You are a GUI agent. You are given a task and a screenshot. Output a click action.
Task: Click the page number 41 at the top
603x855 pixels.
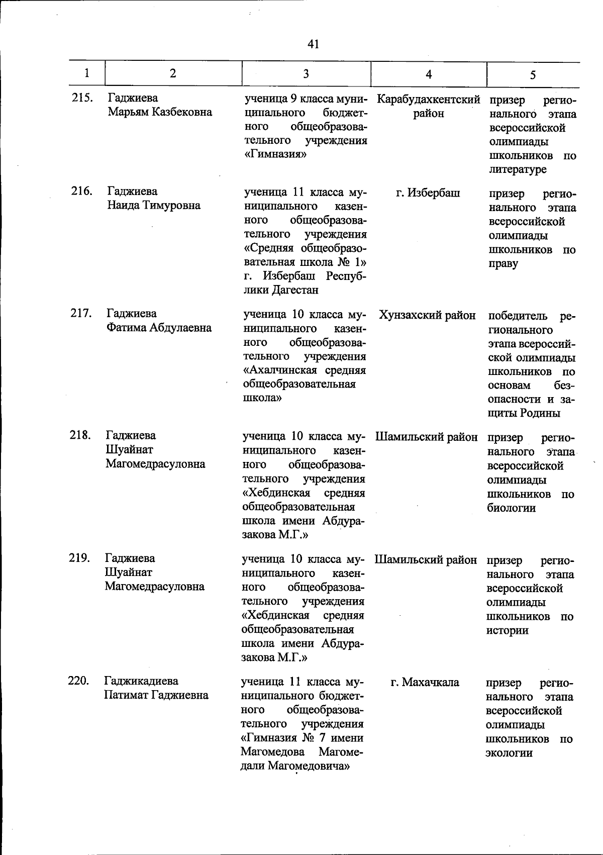[x=313, y=44]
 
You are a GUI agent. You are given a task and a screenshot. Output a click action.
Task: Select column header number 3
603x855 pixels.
[x=306, y=74]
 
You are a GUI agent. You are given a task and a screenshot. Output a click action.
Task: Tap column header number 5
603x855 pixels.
[x=533, y=74]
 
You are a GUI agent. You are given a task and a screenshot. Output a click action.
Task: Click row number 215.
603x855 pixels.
[x=81, y=98]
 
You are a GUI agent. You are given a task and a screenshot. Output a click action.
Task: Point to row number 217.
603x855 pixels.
[x=81, y=314]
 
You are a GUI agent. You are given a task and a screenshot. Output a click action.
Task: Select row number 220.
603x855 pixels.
[x=79, y=681]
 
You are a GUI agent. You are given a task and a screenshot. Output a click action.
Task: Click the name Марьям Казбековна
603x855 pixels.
[x=160, y=112]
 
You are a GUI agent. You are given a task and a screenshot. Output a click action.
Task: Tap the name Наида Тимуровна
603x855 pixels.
[x=154, y=205]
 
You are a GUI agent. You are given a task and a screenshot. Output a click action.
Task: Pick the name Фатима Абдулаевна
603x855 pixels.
[x=159, y=328]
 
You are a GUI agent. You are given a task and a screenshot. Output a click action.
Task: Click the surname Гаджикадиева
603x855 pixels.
[x=141, y=681]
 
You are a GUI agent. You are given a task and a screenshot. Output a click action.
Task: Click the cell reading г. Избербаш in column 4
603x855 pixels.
[x=428, y=193]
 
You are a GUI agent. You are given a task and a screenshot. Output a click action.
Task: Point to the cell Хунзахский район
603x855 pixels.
[x=427, y=315]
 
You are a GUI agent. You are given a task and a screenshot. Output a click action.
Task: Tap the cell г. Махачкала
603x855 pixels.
[x=425, y=682]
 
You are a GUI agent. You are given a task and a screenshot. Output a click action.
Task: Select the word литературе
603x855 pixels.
[x=518, y=169]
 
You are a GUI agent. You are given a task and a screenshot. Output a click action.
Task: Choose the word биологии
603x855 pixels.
[x=511, y=508]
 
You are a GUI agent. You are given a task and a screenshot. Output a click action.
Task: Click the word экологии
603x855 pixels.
[x=509, y=753]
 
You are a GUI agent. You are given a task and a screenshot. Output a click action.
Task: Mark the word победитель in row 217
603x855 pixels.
[x=518, y=316]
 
